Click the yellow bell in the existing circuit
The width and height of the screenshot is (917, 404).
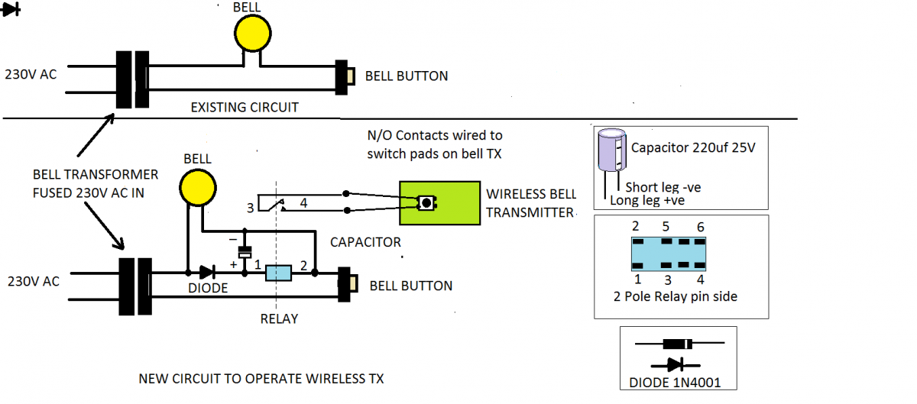coord(253,33)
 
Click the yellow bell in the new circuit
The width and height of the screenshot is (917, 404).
coord(198,188)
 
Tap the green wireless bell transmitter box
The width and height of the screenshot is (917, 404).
coord(439,203)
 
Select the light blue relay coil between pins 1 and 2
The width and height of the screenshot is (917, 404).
coord(278,273)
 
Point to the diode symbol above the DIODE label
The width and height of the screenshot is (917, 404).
coord(208,272)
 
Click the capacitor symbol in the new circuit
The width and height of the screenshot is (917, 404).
coord(245,252)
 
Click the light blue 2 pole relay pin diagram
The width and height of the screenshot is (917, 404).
coord(669,254)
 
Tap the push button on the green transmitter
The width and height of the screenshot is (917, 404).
coord(426,202)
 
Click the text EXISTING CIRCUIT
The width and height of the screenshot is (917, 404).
coord(245,107)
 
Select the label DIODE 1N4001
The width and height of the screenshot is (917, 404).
coord(675,383)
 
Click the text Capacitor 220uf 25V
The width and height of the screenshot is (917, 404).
coord(692,147)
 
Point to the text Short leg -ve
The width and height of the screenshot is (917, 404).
coord(663,187)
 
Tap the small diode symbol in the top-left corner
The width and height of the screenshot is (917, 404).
coord(10,9)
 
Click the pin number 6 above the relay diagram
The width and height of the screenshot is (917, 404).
coord(701,227)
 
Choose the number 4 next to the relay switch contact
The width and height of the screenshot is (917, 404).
coord(303,202)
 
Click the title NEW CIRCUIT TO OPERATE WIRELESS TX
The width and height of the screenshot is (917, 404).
coord(261,379)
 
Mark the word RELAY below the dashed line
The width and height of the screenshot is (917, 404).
coord(279,319)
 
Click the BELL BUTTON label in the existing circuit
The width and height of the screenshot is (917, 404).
coord(407,76)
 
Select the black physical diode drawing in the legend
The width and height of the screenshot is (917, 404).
coord(679,344)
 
